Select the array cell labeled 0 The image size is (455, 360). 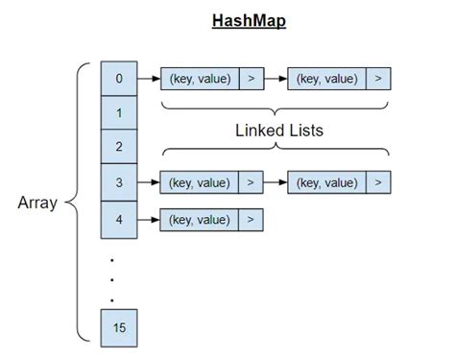pyautogui.click(x=119, y=79)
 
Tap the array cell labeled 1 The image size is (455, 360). pyautogui.click(x=119, y=113)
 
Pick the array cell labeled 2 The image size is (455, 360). pyautogui.click(x=119, y=147)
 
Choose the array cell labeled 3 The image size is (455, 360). pyautogui.click(x=119, y=181)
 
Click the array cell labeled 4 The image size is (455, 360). pyautogui.click(x=119, y=220)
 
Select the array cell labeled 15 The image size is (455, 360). pyautogui.click(x=119, y=327)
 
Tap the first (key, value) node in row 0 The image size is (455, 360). pyautogui.click(x=199, y=79)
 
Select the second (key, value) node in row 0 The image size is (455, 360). pyautogui.click(x=327, y=79)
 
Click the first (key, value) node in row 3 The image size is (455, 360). pyautogui.click(x=199, y=181)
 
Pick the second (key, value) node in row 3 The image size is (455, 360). pyautogui.click(x=327, y=181)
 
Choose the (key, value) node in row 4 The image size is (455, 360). pyautogui.click(x=199, y=220)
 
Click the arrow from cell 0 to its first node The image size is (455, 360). pyautogui.click(x=148, y=79)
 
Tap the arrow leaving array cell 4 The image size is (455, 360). pyautogui.click(x=148, y=220)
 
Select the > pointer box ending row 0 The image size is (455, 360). pyautogui.click(x=379, y=79)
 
